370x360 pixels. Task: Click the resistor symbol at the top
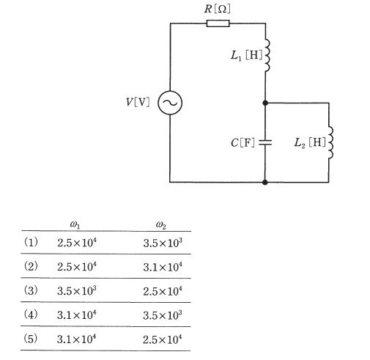[218, 23]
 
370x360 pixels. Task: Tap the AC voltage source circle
[170, 103]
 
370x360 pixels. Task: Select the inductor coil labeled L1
[268, 56]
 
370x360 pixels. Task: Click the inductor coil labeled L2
[330, 143]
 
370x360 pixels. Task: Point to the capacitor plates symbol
[265, 142]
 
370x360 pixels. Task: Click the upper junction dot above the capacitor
[265, 103]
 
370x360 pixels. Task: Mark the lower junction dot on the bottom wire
[265, 182]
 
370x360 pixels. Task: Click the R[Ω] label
[217, 9]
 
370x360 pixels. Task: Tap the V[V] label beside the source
[138, 102]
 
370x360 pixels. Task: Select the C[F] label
[243, 143]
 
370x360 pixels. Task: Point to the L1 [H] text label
[246, 56]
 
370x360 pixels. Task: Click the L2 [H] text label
[310, 143]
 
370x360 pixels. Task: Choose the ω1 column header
[75, 224]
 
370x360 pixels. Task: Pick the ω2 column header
[161, 225]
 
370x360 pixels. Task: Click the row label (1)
[31, 243]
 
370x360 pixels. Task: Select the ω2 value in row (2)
[163, 267]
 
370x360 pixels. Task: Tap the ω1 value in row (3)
[77, 290]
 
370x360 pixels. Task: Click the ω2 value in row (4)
[163, 315]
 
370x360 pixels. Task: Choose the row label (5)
[31, 339]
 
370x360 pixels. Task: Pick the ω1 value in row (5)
[76, 339]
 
